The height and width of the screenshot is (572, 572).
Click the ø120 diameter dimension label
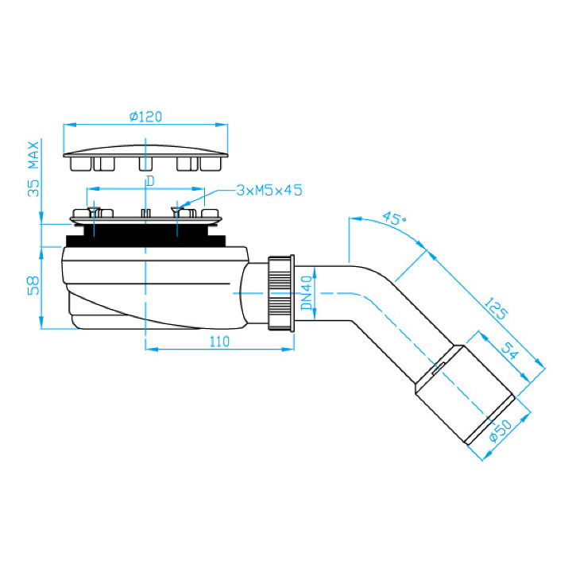pos(145,117)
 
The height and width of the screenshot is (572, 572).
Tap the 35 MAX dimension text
pos(34,169)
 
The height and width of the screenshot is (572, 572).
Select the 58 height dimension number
pos(33,286)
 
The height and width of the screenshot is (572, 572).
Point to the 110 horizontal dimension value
pos(219,342)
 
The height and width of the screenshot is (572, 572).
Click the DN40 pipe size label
pos(307,293)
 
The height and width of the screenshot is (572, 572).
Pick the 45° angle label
pos(394,218)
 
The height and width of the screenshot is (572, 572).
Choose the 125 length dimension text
pos(495,309)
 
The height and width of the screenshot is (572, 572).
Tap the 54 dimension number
pos(510,351)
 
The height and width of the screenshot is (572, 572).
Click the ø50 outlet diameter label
pos(500,431)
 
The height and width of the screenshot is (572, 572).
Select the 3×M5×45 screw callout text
pos(269,190)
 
